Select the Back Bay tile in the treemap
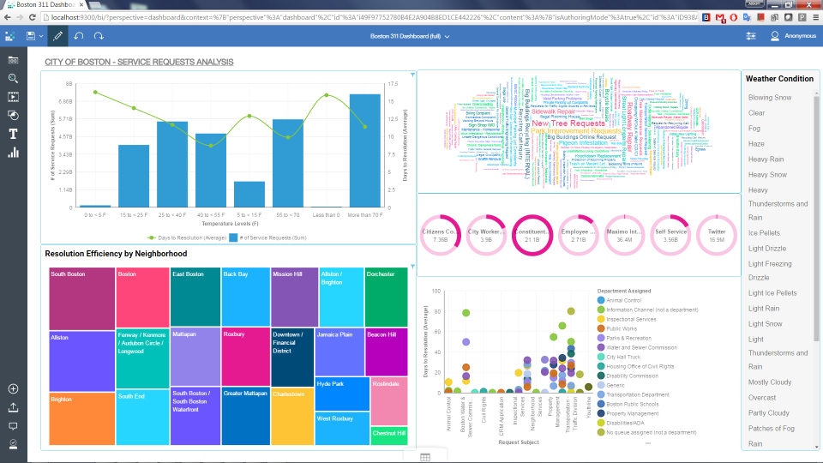pos(245,296)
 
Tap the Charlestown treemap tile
pos(291,417)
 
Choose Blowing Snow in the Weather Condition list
pos(769,98)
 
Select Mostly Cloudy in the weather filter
pos(769,382)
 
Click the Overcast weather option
pos(761,398)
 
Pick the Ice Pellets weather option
pos(763,233)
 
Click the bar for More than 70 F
pos(364,151)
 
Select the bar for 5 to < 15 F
pos(249,194)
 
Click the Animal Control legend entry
pos(624,301)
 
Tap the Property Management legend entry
pos(632,412)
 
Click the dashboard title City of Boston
pos(139,63)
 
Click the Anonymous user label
pos(800,36)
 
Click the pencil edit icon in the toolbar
pos(57,36)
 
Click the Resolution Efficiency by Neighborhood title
pos(116,254)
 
